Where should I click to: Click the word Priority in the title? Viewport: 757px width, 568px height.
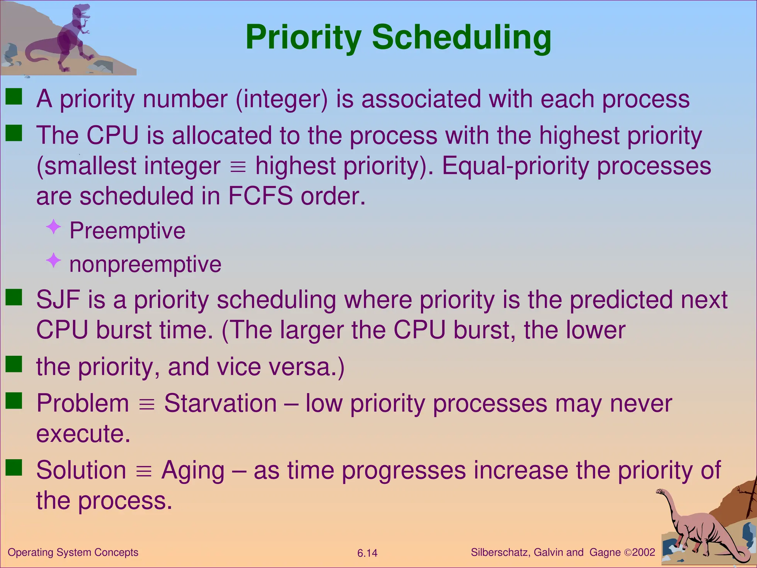[x=303, y=38]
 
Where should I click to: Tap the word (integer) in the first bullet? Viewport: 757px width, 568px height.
[x=282, y=99]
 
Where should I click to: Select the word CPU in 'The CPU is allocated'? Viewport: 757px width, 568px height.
[x=112, y=135]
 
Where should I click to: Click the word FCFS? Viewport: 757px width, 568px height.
[x=260, y=196]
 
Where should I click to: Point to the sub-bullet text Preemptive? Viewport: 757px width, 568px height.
[x=127, y=231]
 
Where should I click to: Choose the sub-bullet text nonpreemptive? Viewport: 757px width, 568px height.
[x=145, y=264]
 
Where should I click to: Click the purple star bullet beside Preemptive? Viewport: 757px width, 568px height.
[x=54, y=227]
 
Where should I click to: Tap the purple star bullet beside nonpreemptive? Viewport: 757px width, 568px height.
[x=54, y=260]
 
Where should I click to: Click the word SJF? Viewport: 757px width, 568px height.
[x=58, y=300]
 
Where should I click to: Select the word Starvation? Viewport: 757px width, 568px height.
[x=220, y=403]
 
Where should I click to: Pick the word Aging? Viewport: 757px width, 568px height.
[x=193, y=470]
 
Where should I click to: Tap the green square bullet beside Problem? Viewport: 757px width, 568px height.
[x=14, y=400]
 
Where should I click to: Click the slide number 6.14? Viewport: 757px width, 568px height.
[x=367, y=553]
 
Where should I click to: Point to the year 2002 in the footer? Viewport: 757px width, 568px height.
[x=644, y=552]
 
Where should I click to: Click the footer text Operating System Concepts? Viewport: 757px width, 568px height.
[x=73, y=552]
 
